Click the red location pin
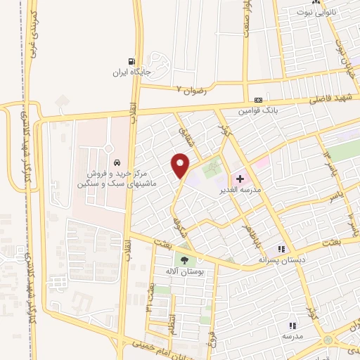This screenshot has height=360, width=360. click(181, 165)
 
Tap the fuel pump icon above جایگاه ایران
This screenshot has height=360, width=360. click(131, 62)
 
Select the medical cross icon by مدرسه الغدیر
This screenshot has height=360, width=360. click(240, 180)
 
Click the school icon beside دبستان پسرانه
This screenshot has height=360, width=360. click(281, 249)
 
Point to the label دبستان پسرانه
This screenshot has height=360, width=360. click(264, 259)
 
